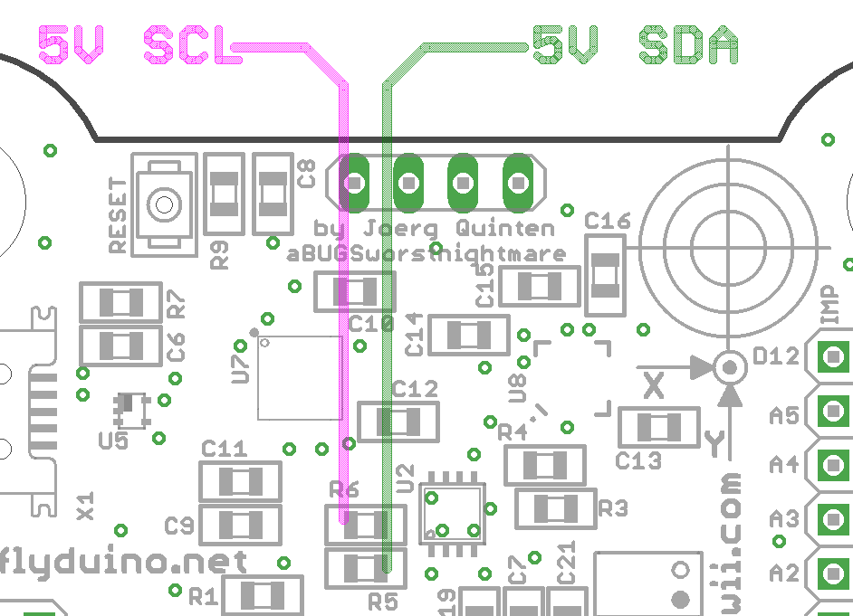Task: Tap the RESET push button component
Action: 164,204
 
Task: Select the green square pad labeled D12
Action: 832,357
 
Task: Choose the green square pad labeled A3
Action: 832,519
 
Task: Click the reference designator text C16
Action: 607,221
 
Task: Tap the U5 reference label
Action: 113,441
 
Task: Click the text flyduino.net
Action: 125,561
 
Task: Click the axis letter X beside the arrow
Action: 654,386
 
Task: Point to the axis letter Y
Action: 714,442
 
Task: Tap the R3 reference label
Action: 612,508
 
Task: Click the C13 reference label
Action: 638,460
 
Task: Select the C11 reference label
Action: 224,449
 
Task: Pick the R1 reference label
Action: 203,595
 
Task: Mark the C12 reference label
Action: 415,390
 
